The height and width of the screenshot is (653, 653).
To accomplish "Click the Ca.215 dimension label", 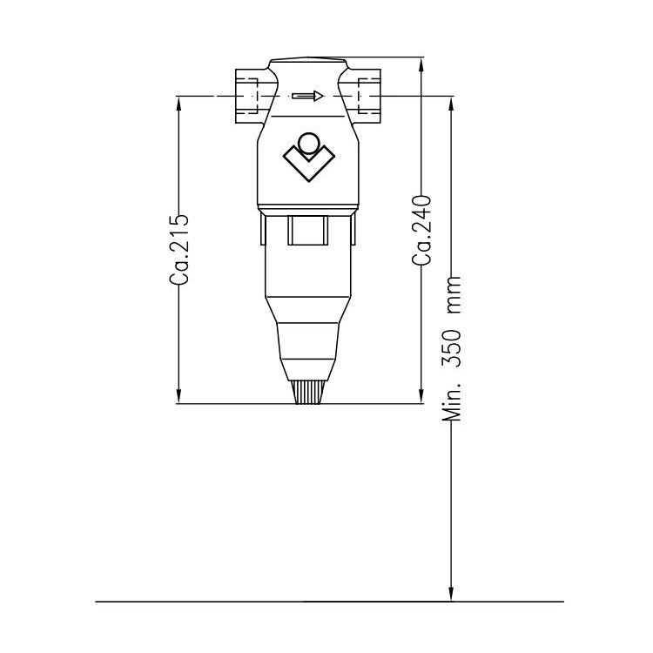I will point(178,248).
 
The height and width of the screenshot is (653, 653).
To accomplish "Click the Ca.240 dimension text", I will point(422,230).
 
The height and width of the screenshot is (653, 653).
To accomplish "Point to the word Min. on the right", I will point(451,401).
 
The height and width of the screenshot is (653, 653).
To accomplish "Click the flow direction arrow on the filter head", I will point(307,96).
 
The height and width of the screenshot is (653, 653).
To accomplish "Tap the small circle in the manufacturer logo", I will point(308,143).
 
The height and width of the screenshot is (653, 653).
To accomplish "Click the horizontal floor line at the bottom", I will point(261,602).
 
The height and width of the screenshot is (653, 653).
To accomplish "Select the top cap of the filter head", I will point(308,63).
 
